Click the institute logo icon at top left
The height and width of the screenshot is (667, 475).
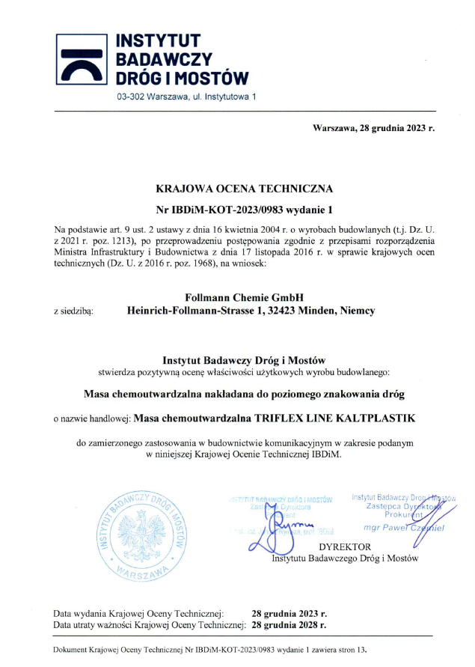pyautogui.click(x=82, y=58)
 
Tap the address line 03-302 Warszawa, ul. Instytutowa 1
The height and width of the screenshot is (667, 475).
pyautogui.click(x=186, y=97)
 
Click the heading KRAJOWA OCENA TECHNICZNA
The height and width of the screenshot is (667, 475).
pyautogui.click(x=244, y=189)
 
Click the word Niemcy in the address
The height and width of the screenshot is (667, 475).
pyautogui.click(x=357, y=310)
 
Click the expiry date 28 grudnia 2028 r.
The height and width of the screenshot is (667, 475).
pyautogui.click(x=289, y=623)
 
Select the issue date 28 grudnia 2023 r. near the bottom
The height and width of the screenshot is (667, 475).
pyautogui.click(x=289, y=612)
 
